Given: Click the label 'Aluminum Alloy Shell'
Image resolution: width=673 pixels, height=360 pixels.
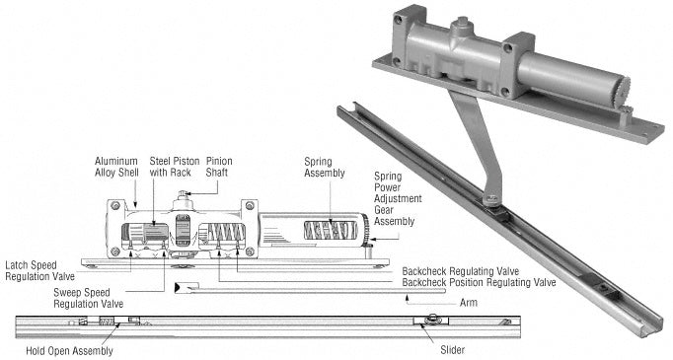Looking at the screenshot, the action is tap(116, 167).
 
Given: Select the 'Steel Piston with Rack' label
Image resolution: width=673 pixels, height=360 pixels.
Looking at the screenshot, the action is tap(175, 167).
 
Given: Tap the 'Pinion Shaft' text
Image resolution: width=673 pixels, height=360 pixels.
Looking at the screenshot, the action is tap(219, 167).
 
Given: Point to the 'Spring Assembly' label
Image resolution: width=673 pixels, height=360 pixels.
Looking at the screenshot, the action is tap(325, 168).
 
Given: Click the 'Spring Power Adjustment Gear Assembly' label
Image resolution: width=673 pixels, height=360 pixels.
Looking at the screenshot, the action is tap(398, 198).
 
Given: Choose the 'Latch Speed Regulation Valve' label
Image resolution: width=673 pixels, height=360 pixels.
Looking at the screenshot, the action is tap(39, 271).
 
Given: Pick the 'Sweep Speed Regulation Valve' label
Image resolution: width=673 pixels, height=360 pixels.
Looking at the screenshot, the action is tap(89, 298).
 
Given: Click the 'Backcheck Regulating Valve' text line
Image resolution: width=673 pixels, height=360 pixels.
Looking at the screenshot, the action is tap(461, 271).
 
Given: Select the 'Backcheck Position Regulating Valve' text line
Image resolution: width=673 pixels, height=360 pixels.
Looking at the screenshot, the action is tap(479, 282).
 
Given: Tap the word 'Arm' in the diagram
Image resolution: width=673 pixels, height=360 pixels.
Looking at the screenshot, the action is tap(469, 303).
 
